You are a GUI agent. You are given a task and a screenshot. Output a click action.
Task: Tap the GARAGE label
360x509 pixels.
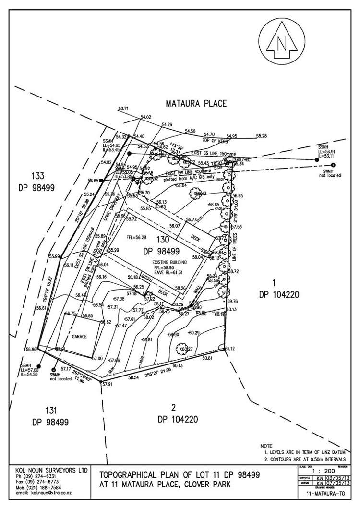click(79, 337)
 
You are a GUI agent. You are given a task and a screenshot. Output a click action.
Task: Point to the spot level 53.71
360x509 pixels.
click(123, 109)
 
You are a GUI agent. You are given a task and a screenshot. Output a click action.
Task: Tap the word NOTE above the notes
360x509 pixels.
click(266, 446)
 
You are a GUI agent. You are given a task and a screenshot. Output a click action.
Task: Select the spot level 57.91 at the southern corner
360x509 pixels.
click(107, 384)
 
